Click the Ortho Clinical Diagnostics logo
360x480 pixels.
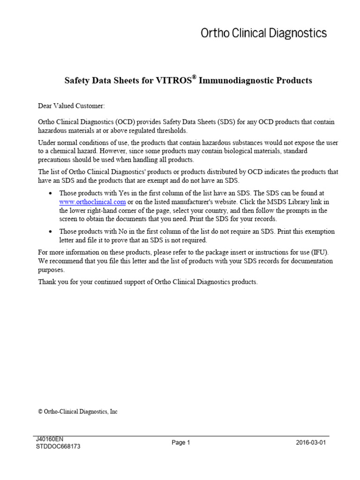[263, 33]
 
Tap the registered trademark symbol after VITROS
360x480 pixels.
[194, 77]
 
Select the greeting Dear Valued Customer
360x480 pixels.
[71, 106]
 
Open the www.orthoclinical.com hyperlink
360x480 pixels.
[92, 202]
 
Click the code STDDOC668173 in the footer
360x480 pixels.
[58, 447]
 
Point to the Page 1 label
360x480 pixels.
[180, 443]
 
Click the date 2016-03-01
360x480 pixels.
[311, 443]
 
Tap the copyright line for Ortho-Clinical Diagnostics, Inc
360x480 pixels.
[78, 412]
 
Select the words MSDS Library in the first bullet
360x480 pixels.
[293, 202]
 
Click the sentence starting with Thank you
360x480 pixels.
[148, 282]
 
